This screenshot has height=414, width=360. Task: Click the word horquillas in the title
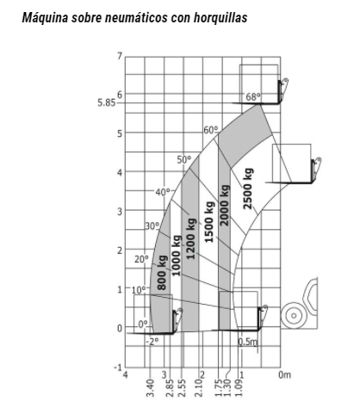click(x=220, y=18)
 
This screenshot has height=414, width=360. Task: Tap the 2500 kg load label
click(x=248, y=188)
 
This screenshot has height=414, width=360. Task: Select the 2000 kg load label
click(x=224, y=205)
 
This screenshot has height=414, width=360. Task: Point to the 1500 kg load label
click(x=209, y=222)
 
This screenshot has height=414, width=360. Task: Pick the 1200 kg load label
click(x=190, y=238)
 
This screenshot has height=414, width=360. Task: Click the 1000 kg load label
click(x=176, y=256)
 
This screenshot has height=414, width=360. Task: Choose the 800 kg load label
click(x=162, y=272)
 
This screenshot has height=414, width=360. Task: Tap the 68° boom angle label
click(x=253, y=97)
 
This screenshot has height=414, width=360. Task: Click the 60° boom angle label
click(x=211, y=130)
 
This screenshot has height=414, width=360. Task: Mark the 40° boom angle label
click(x=163, y=192)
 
